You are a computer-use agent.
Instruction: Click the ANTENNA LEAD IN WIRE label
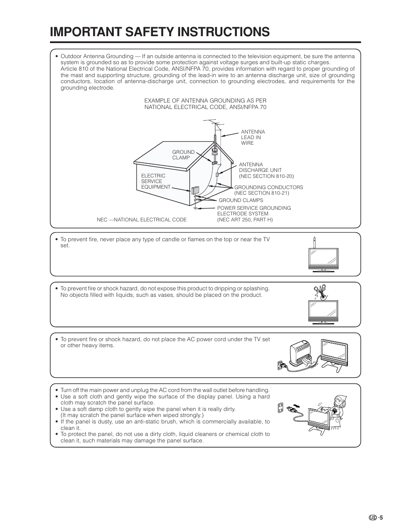253,137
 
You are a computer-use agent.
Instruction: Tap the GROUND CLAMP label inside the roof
184,155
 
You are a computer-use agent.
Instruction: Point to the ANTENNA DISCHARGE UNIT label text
260,170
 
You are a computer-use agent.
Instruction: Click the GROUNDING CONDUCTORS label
268,187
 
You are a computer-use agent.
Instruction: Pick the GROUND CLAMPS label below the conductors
241,200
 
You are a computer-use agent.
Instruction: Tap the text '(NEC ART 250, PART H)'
245,220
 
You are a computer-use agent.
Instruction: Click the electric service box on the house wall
195,190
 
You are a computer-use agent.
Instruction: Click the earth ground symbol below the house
195,208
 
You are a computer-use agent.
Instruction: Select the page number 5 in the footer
381,517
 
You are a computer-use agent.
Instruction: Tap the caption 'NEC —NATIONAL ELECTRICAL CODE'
142,220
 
